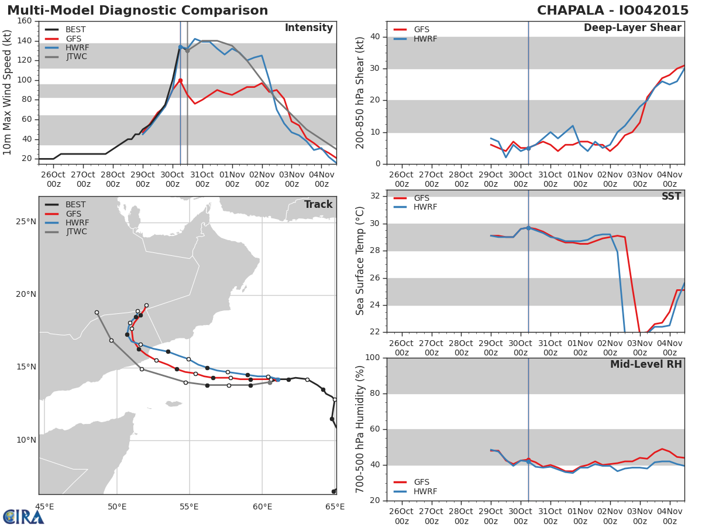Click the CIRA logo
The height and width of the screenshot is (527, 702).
[x=23, y=516]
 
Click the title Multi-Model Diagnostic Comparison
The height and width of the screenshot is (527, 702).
[x=137, y=10]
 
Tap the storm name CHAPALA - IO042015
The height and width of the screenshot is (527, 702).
[x=612, y=10]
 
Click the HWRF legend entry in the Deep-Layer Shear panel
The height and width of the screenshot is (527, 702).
[x=415, y=39]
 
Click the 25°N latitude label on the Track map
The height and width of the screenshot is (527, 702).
[x=26, y=222]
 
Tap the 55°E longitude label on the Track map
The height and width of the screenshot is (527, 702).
[x=189, y=507]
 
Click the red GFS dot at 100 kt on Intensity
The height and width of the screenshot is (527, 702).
[x=180, y=81]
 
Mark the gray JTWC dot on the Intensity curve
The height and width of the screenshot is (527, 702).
[x=187, y=51]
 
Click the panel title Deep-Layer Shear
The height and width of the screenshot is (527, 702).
[x=632, y=28]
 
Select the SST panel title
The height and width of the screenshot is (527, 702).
[x=672, y=196]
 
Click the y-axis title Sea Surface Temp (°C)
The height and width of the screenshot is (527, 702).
[x=360, y=261]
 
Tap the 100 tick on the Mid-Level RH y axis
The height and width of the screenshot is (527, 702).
[x=373, y=357]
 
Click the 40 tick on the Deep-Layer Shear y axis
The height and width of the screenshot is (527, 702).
[x=376, y=37]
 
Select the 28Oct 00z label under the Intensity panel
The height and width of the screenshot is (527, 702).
[x=113, y=180]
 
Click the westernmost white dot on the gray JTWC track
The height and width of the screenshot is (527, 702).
[x=97, y=312]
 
